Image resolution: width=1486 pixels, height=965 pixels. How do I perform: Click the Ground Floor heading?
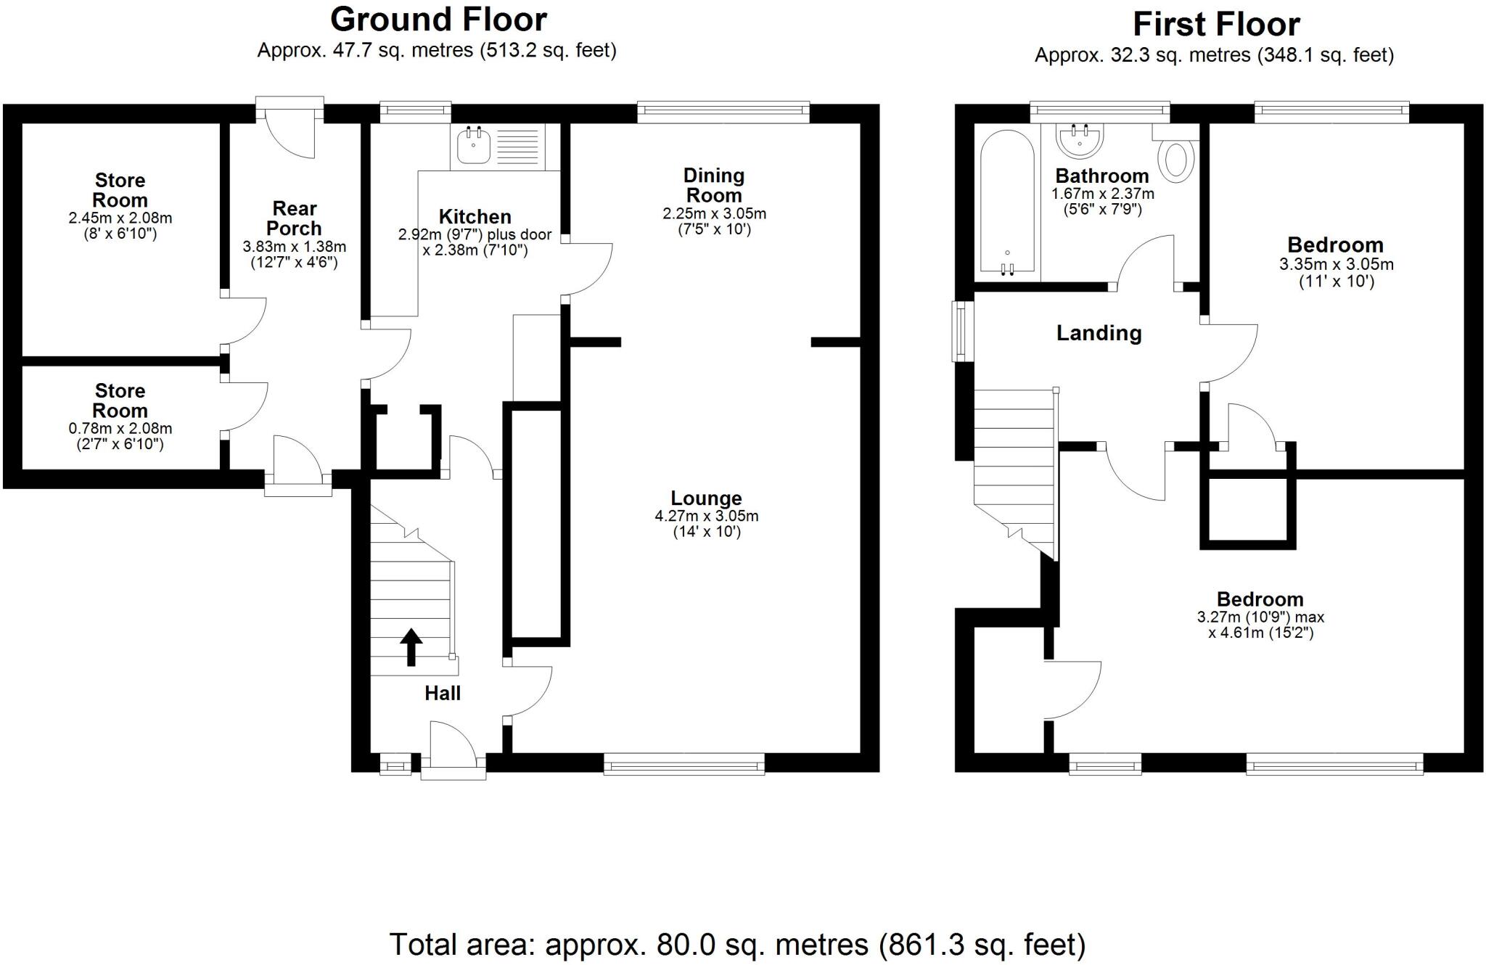[x=438, y=20]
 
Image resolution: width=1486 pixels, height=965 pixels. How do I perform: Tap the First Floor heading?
[x=1216, y=25]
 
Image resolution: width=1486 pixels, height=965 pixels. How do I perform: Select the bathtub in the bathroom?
[x=1007, y=202]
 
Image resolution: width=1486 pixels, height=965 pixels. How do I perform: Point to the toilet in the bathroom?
[x=1175, y=155]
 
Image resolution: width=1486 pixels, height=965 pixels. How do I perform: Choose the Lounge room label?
[x=706, y=498]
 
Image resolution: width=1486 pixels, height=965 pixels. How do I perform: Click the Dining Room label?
[x=714, y=186]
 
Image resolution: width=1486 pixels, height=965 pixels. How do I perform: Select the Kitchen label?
[x=475, y=217]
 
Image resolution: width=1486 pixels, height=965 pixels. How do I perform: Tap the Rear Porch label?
[x=294, y=218]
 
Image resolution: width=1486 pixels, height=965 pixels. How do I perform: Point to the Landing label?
[x=1099, y=333]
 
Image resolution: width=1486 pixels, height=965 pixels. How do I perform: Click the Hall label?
[x=443, y=694]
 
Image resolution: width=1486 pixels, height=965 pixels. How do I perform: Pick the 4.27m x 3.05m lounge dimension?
[x=706, y=517]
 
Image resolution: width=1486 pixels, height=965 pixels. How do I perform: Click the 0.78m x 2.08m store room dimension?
[x=120, y=429]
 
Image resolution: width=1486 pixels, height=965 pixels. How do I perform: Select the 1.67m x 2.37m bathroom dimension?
[x=1102, y=194]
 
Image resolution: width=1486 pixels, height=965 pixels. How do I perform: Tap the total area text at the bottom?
[x=738, y=945]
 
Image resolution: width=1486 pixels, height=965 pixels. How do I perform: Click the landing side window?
[x=962, y=331]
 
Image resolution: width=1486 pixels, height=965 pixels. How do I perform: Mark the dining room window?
[x=723, y=112]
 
